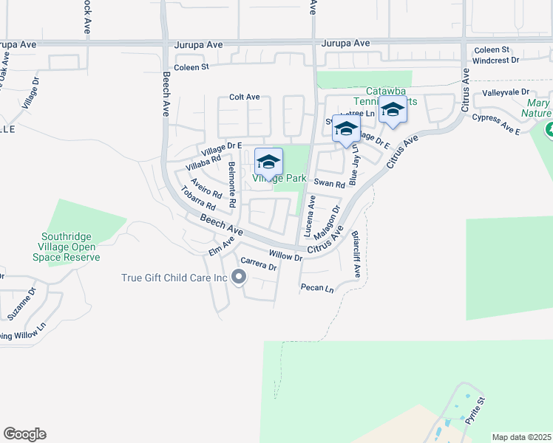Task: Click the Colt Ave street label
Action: click(x=244, y=97)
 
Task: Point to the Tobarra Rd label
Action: click(x=197, y=198)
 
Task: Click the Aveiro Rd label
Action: click(x=206, y=188)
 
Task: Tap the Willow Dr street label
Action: click(x=285, y=255)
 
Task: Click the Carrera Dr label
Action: click(x=259, y=264)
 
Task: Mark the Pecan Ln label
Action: click(x=317, y=287)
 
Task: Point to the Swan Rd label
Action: click(x=329, y=184)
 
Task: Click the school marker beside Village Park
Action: click(x=268, y=162)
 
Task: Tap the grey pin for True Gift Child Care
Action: click(x=238, y=278)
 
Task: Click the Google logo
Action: click(x=24, y=434)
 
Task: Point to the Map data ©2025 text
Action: click(x=520, y=437)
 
